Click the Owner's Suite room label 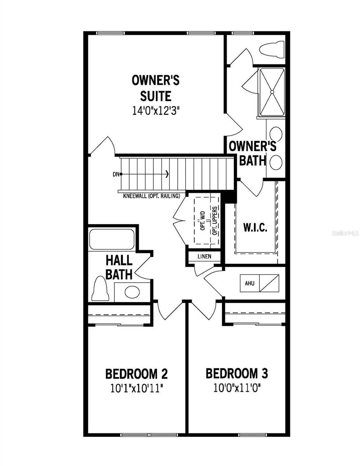[155, 88]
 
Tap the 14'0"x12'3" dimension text [155, 110]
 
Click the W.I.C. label [255, 228]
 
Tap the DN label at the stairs [115, 174]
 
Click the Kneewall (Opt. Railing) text [151, 196]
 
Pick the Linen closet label [205, 257]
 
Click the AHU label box [249, 283]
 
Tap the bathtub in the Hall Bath [111, 240]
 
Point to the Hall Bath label [119, 267]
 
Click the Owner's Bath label [252, 153]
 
